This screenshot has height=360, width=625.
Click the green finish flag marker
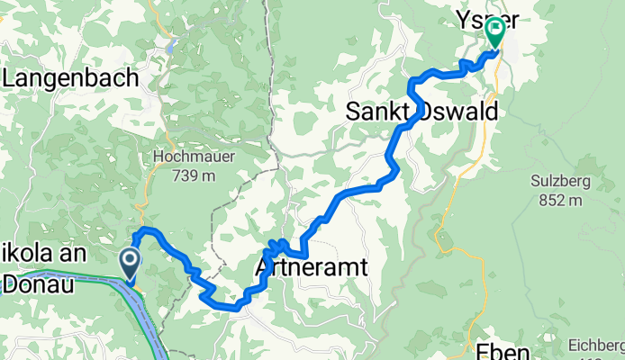[495, 31]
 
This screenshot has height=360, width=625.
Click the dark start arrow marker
[130, 263]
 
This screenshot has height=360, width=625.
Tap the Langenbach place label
[71, 79]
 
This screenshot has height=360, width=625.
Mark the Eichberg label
[595, 344]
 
